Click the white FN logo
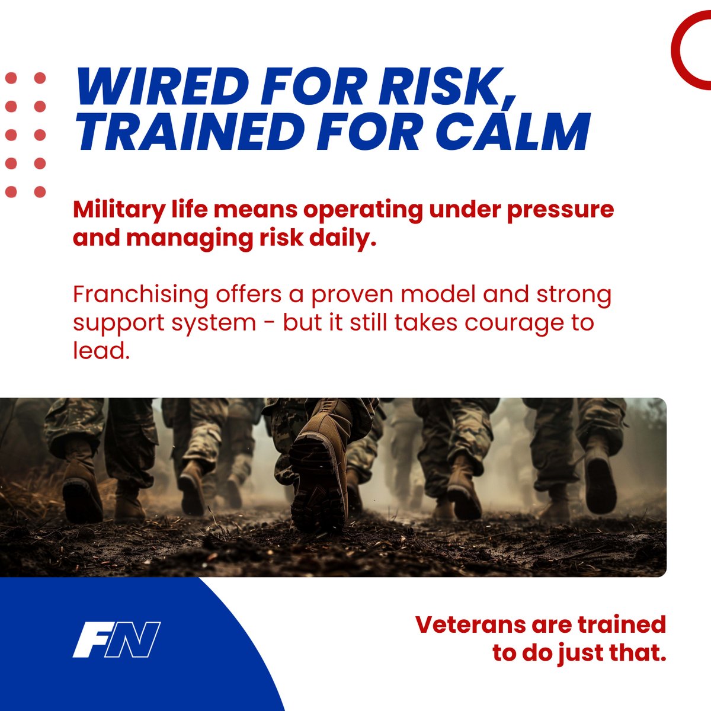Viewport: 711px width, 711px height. click(117, 639)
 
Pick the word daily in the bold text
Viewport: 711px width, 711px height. click(343, 238)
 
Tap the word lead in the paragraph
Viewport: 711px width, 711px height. click(98, 351)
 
